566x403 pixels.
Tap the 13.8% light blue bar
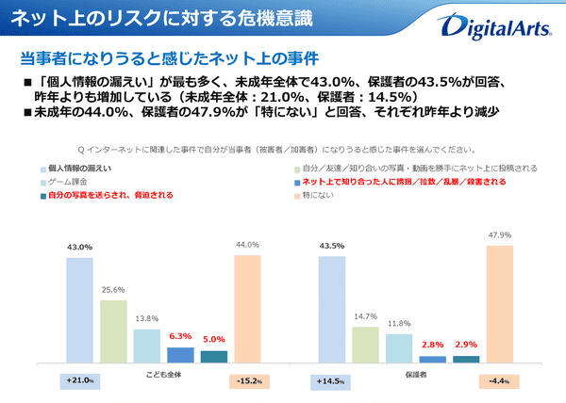146,346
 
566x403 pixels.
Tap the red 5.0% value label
214,341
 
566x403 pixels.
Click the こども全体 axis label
163,373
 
